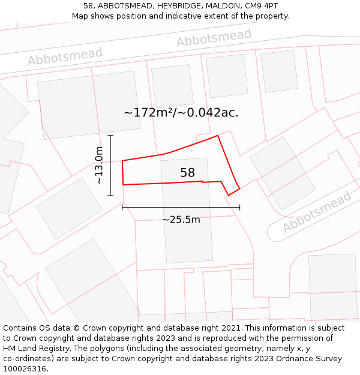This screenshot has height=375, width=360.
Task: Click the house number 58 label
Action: (188, 173)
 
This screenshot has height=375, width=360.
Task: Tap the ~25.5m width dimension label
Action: (181, 220)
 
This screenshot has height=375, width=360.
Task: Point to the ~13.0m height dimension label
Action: (100, 165)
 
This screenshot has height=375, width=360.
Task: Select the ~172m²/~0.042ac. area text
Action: (181, 112)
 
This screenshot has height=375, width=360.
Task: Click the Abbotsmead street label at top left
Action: (65, 57)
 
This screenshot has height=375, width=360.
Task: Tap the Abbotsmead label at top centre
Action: (214, 38)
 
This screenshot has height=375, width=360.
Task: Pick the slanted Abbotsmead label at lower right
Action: (317, 212)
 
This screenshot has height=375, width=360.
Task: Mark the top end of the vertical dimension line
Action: (110, 136)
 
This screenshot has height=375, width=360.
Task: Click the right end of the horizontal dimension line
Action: (239, 208)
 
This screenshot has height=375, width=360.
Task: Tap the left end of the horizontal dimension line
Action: (122, 208)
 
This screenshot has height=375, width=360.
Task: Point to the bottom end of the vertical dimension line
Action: (110, 195)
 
